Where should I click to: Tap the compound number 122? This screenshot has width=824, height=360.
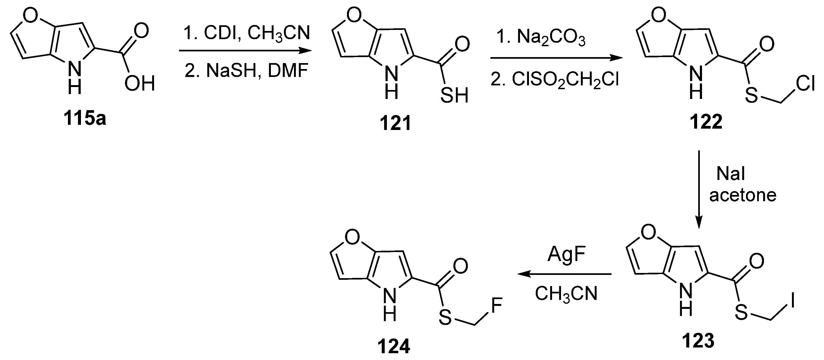coord(706,122)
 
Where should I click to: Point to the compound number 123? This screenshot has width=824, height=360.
coord(698,340)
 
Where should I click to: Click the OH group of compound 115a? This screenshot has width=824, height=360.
coord(139,84)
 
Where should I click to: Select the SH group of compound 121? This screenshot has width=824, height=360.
coord(454,95)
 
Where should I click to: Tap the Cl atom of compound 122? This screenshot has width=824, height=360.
coord(805,84)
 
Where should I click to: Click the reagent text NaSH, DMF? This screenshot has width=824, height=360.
coord(246,70)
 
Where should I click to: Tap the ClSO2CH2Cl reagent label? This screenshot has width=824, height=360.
coord(555,80)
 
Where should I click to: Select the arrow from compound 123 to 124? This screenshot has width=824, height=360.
coord(565,274)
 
